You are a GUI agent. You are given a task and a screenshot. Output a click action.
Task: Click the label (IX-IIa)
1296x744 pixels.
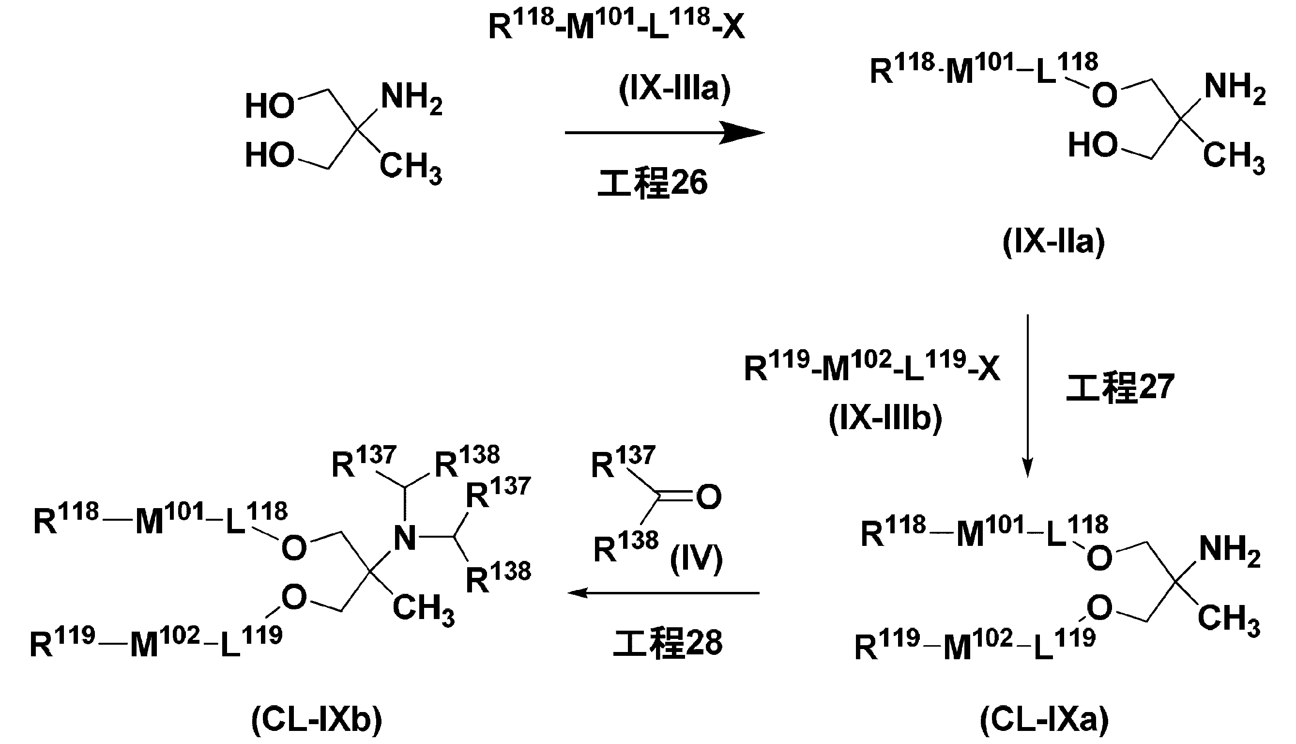coord(1053,242)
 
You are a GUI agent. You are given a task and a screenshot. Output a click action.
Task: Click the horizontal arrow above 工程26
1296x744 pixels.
coord(664,133)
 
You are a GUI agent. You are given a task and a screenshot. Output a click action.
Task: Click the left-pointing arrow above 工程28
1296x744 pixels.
coord(664,593)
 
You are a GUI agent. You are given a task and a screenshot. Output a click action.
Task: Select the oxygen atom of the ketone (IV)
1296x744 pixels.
coord(708,496)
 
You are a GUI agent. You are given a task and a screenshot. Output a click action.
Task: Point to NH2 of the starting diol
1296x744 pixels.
coord(411,98)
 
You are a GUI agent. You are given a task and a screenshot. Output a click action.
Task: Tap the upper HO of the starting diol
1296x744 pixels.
coord(270,106)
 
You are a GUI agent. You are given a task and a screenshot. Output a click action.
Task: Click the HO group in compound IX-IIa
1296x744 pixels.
coord(1093,145)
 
